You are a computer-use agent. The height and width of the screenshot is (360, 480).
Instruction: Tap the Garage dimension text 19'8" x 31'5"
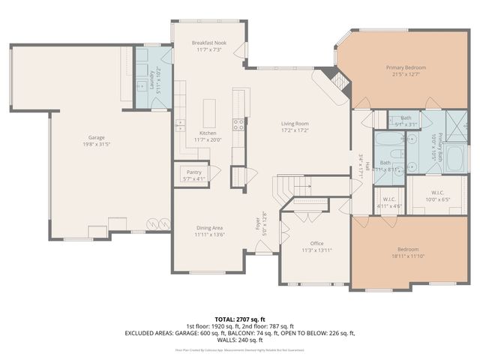(x=96, y=144)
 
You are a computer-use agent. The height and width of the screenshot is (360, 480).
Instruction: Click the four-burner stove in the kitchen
(x=238, y=124)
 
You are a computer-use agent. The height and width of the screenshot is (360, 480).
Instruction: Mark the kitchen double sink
(x=180, y=124)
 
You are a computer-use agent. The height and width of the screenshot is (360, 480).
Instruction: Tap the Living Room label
(x=295, y=124)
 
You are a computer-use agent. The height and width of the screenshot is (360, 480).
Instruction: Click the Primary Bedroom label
(x=405, y=67)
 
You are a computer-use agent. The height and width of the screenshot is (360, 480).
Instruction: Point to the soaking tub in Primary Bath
(x=455, y=158)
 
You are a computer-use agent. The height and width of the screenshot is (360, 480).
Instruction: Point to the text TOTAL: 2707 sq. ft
(x=240, y=319)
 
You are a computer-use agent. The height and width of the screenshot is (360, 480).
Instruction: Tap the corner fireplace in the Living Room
(x=333, y=87)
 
